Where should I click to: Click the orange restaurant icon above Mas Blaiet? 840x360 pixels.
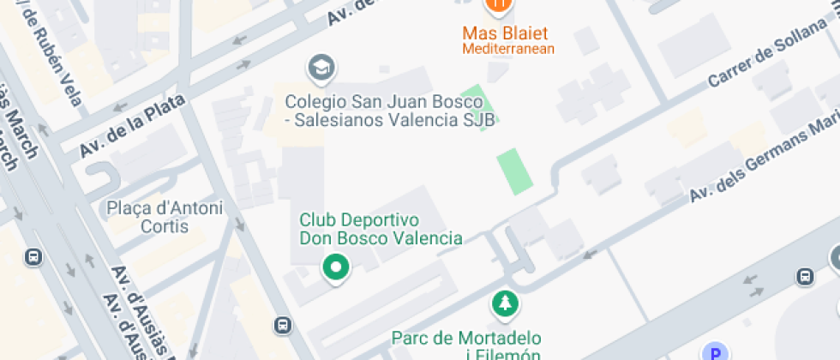click(498, 6)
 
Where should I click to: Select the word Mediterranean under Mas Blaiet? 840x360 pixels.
click(508, 49)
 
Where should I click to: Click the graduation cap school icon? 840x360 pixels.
click(321, 68)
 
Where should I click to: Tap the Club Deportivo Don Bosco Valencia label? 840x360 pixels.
click(381, 229)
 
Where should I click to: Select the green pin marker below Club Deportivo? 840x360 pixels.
click(336, 267)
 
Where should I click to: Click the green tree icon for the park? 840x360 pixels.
click(505, 303)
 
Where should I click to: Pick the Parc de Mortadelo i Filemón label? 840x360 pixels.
click(465, 345)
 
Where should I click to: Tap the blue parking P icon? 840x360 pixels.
click(714, 352)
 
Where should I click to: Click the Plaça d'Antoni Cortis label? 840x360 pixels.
click(164, 217)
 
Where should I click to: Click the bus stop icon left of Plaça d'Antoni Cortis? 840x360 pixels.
click(33, 256)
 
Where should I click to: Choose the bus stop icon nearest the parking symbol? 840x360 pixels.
click(805, 276)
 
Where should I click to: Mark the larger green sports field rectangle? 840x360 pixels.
click(514, 171)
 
